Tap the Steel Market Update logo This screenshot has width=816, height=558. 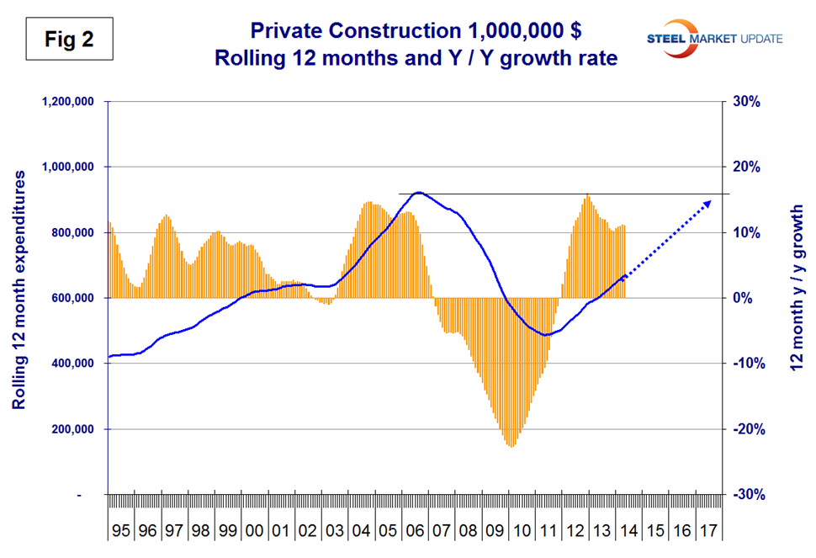point(714,39)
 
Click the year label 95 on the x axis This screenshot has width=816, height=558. point(121,532)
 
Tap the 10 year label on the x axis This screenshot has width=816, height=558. point(522,532)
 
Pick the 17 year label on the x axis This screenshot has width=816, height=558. point(708,532)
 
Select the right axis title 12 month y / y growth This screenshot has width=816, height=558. point(797,287)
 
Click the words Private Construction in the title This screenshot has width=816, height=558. point(344,32)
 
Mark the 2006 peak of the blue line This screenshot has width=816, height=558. point(418,193)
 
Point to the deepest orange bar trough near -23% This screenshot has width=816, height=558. point(511,445)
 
